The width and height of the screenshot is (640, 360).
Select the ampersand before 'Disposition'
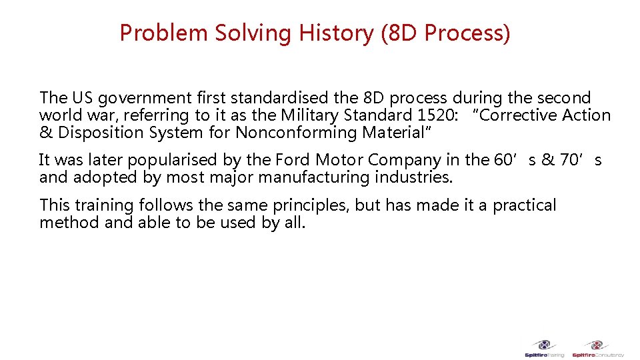[x=46, y=132]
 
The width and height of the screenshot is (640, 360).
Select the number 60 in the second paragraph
[x=501, y=160]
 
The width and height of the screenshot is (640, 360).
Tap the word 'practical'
[x=524, y=205]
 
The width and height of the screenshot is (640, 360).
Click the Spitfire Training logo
[x=545, y=349]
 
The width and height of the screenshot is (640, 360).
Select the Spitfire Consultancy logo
[x=597, y=349]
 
